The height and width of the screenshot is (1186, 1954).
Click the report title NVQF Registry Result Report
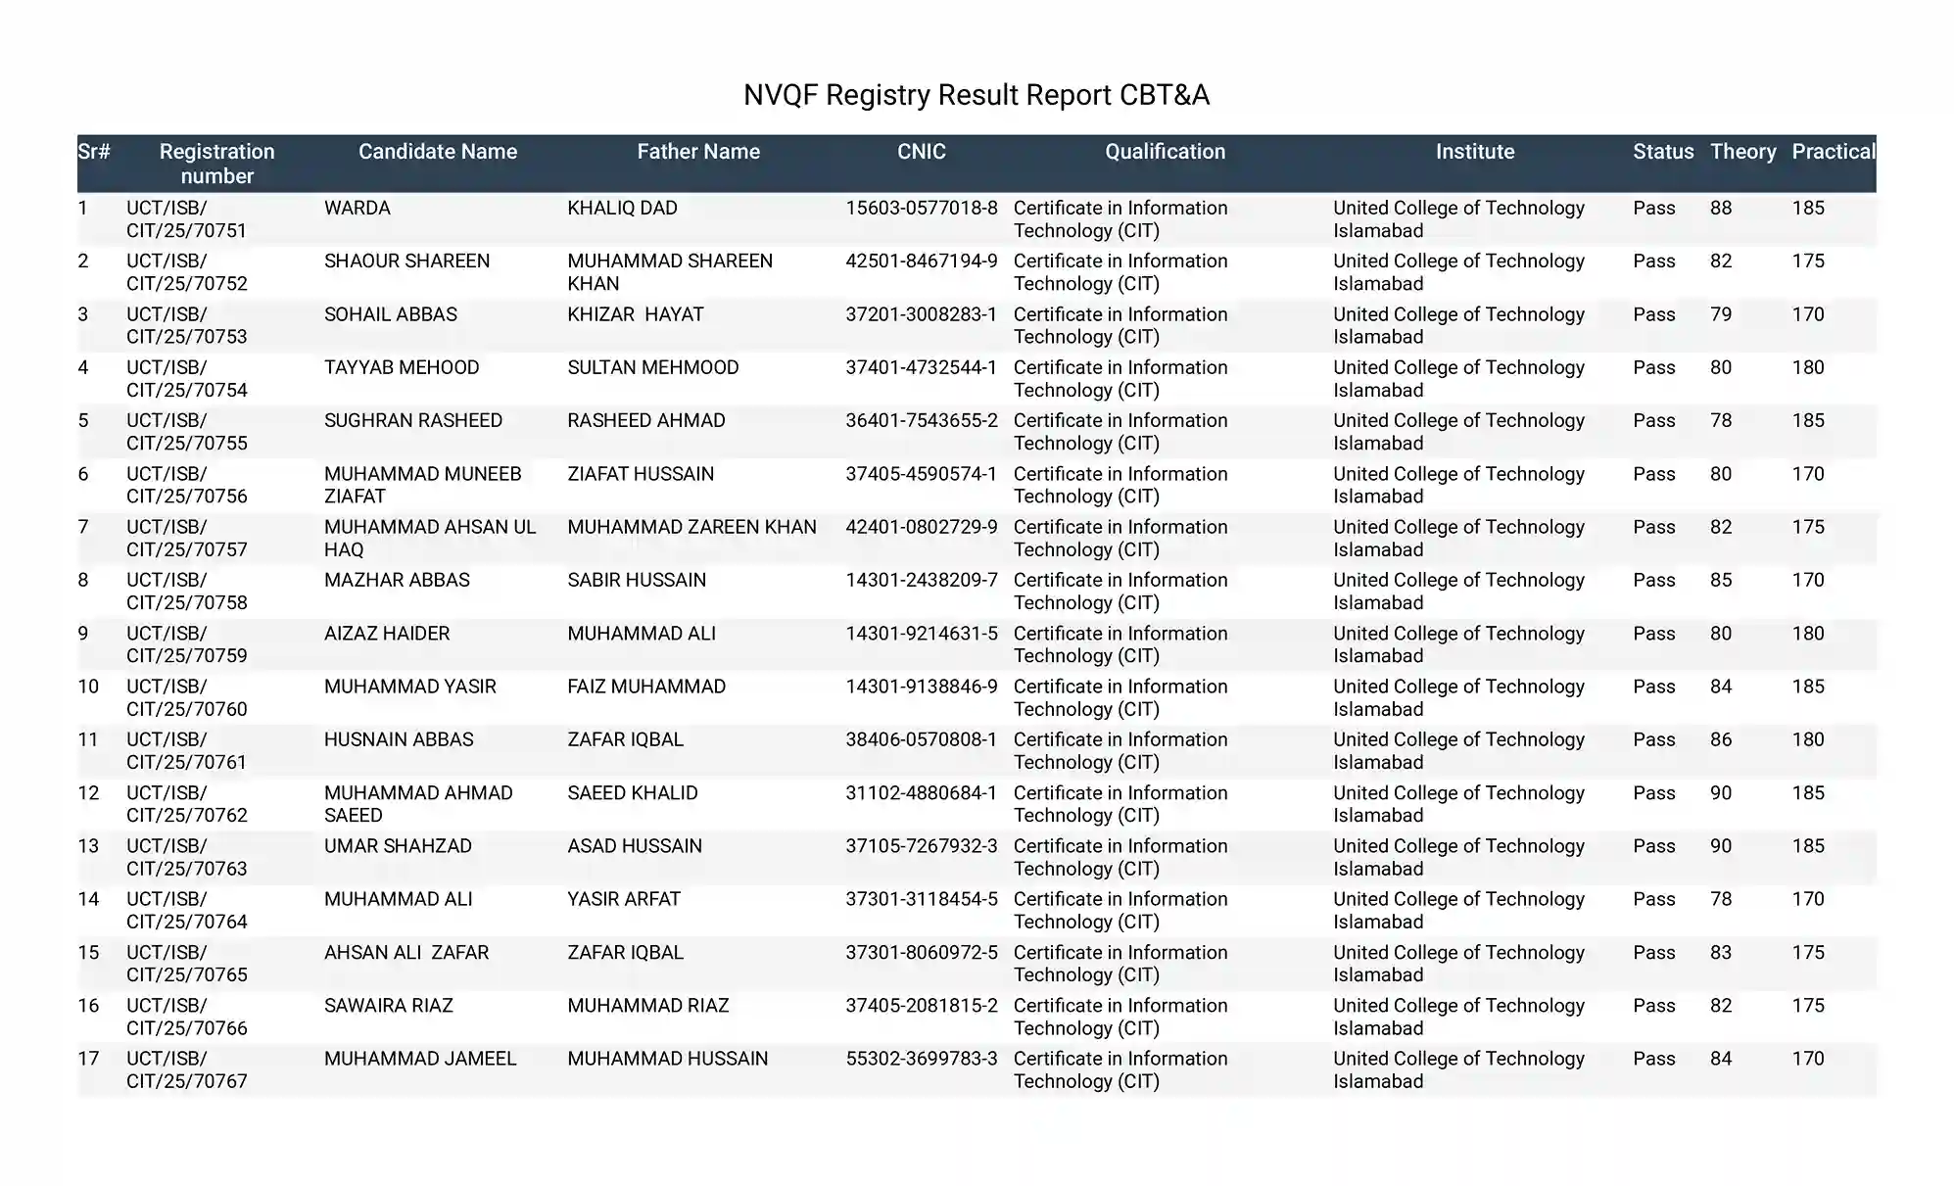coord(976,95)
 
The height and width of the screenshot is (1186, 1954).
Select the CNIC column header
coord(921,152)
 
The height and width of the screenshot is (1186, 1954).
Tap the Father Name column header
coord(697,152)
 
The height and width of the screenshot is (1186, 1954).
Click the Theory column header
coord(1742,152)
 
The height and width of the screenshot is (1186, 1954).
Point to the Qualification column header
coord(1165,152)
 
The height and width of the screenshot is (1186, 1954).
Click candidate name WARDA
coord(357,209)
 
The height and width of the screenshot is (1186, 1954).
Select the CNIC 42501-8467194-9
coord(921,261)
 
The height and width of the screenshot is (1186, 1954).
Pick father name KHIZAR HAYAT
coord(635,314)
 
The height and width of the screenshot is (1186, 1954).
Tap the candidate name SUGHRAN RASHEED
coord(412,421)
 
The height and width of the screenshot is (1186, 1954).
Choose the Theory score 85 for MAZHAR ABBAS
coord(1721,580)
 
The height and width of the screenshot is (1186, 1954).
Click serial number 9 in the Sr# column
coord(83,634)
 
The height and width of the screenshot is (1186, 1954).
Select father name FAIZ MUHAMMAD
coord(645,687)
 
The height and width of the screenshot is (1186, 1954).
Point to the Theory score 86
coord(1721,739)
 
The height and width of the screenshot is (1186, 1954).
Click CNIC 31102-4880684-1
coord(921,793)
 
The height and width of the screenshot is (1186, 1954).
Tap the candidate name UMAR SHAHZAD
coord(398,846)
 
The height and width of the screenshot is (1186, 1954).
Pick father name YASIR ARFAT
coord(623,899)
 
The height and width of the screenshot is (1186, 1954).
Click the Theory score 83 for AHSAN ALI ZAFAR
coord(1721,953)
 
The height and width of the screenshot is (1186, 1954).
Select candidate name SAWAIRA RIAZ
coord(388,1006)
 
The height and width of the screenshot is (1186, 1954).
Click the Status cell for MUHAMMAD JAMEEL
coord(1653,1059)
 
